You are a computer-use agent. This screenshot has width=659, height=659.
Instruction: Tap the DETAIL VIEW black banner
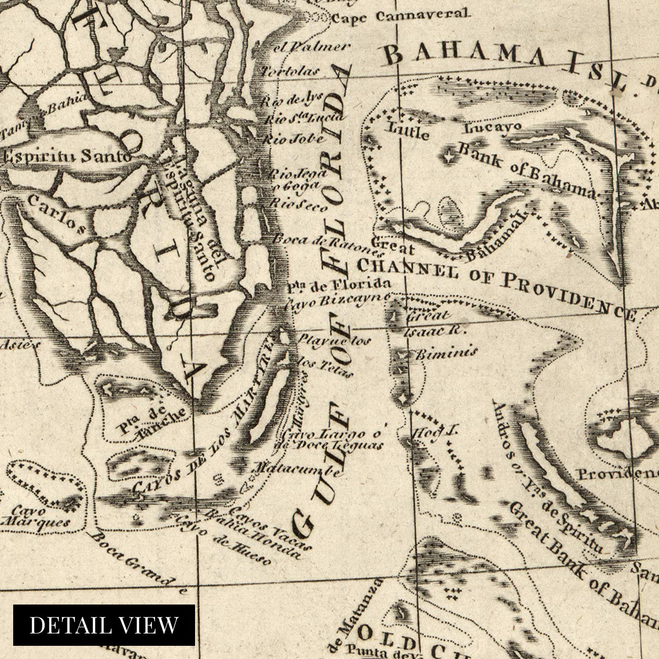(104, 625)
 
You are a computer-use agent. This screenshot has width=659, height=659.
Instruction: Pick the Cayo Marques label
(35, 517)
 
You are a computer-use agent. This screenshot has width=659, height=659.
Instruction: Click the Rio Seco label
(299, 204)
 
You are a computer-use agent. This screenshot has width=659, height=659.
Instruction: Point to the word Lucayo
(493, 127)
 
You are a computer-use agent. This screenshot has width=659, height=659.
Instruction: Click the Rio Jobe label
(294, 140)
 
